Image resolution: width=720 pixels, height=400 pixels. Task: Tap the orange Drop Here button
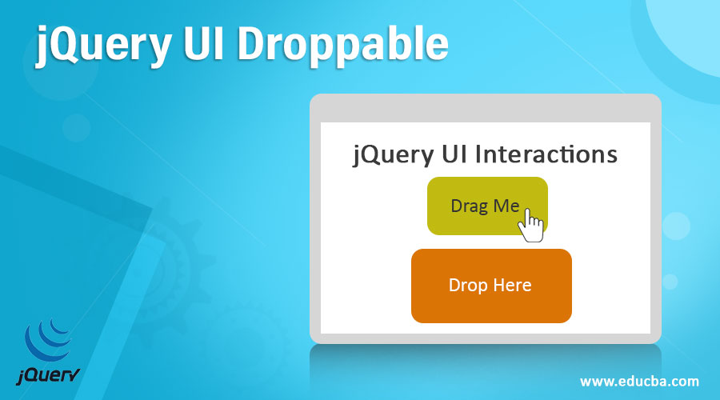490,286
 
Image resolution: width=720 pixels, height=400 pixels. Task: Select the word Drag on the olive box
469,206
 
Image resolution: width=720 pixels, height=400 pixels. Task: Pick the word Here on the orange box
511,286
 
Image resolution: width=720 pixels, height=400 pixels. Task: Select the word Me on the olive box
506,206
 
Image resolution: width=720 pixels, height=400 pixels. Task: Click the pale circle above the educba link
676,226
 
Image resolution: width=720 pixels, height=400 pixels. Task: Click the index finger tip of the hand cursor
526,213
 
